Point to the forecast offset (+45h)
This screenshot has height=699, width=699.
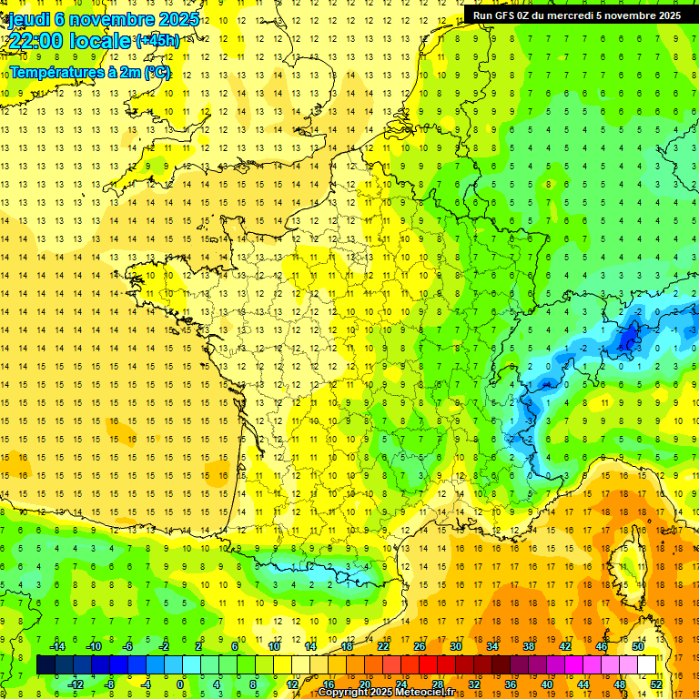click(157, 41)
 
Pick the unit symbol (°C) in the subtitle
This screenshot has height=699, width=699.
click(157, 72)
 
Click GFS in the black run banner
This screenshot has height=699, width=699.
click(507, 15)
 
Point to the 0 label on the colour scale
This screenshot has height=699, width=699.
click(179, 684)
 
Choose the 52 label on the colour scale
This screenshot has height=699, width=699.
click(656, 684)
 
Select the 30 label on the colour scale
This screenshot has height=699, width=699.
click(455, 646)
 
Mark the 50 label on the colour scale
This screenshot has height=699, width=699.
click(637, 646)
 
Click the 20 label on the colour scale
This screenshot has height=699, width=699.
click(364, 684)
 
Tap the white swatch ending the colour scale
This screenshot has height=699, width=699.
click(647, 665)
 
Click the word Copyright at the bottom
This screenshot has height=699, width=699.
click(344, 693)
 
